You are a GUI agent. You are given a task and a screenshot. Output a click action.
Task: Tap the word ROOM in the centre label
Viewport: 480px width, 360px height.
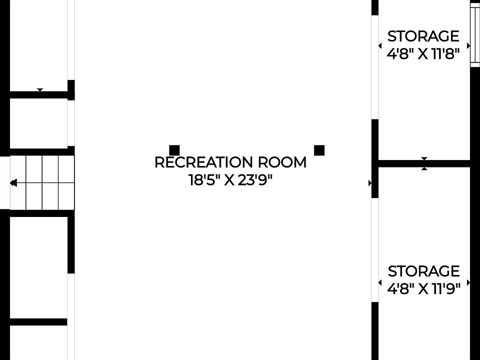(282, 162)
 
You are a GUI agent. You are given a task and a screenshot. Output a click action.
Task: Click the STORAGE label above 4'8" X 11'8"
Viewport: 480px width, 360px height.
(423, 36)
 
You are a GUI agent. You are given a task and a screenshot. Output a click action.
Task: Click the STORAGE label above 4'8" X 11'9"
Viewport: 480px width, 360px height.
(423, 271)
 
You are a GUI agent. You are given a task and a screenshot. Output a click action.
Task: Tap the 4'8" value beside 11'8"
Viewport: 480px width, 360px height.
(401, 53)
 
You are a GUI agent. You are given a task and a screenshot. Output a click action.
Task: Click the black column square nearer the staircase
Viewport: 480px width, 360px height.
(174, 150)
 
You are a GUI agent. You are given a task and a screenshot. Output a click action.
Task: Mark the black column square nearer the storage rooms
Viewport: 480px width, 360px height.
(319, 150)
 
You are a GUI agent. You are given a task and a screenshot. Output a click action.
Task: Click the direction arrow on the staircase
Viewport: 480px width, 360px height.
(13, 183)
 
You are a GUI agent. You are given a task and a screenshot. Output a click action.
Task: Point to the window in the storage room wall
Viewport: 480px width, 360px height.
(474, 35)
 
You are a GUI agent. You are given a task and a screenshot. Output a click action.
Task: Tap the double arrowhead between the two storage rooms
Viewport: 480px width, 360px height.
(424, 163)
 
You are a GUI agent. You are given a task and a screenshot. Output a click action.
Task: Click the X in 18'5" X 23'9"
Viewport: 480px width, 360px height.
(229, 180)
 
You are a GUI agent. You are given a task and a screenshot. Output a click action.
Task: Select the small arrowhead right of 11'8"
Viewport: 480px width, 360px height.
(468, 45)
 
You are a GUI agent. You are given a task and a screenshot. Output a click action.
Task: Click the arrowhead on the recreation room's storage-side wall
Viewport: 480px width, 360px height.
(370, 183)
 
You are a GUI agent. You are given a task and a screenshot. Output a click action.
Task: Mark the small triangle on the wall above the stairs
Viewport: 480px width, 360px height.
(40, 90)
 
